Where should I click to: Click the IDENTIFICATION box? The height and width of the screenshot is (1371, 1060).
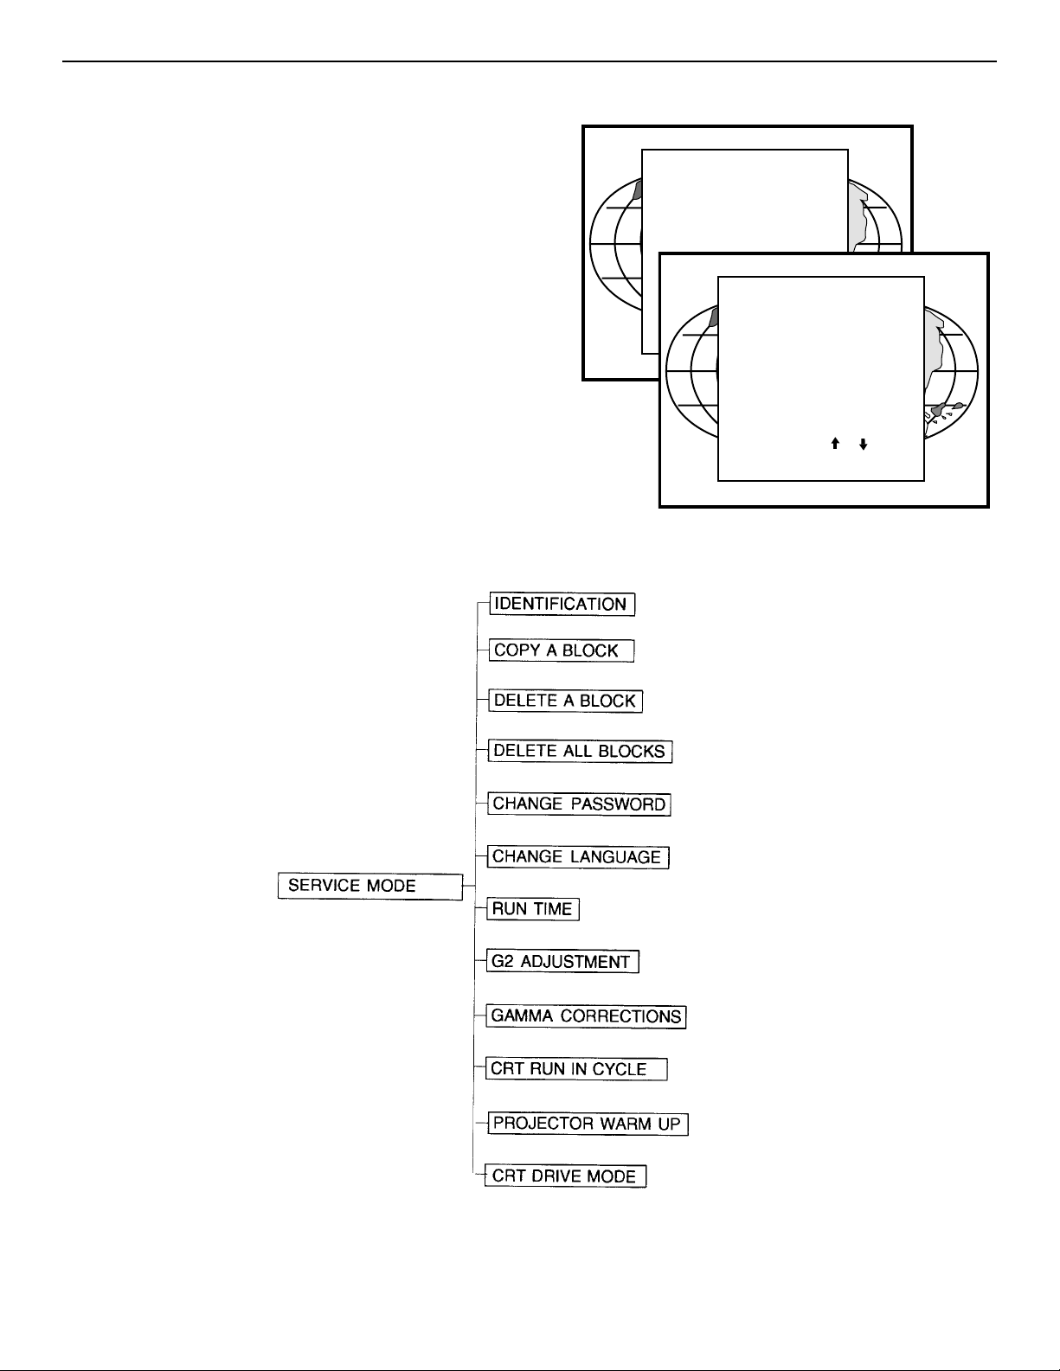click(562, 604)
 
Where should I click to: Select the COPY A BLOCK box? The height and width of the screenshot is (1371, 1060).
click(562, 650)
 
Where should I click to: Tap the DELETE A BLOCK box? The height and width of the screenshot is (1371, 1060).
click(566, 701)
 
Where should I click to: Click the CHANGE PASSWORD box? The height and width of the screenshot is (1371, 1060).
click(580, 804)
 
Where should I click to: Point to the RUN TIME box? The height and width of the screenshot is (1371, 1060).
click(533, 909)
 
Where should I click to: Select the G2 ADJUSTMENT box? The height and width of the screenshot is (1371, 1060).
click(563, 962)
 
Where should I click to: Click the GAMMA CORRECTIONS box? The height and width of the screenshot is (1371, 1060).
click(587, 1016)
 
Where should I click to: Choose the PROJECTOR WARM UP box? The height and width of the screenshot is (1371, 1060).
click(588, 1124)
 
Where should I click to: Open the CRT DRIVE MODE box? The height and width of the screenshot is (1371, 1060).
click(565, 1176)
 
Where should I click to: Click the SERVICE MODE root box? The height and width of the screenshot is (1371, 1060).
click(370, 886)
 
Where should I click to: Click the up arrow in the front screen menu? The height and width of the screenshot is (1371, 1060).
click(835, 444)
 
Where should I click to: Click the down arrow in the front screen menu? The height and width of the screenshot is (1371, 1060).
click(863, 444)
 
